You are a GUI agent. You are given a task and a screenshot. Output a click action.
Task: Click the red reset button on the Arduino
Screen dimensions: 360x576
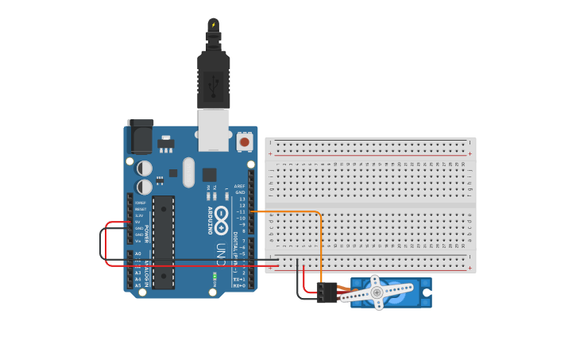coord(245,141)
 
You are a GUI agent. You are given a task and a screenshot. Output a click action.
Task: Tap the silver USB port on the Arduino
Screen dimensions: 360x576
coord(213,130)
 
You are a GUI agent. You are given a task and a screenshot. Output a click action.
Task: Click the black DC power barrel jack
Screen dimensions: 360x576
coord(140,136)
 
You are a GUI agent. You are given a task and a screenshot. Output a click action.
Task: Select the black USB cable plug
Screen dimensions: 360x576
coord(214,79)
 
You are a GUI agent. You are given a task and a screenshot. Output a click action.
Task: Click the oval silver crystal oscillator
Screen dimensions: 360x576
coord(188,172)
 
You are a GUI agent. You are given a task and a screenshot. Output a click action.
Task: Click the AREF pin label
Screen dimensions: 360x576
coord(240,186)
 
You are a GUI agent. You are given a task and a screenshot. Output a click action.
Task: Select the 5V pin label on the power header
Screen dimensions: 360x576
coord(139,222)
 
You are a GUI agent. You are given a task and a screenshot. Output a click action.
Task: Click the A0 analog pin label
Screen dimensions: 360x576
coord(138,254)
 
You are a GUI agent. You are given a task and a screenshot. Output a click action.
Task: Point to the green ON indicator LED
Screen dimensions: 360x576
coord(215,277)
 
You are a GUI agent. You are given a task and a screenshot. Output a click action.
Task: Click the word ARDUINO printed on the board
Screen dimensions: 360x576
coord(211,220)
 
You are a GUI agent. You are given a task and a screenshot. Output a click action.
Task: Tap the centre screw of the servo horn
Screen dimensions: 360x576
coord(377,292)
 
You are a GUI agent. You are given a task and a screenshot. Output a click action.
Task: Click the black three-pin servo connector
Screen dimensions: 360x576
coord(326,292)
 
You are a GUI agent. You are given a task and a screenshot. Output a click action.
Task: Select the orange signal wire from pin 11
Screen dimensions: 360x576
coord(320,238)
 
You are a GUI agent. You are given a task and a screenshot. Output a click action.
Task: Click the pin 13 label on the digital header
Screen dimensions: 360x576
coord(242,199)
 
